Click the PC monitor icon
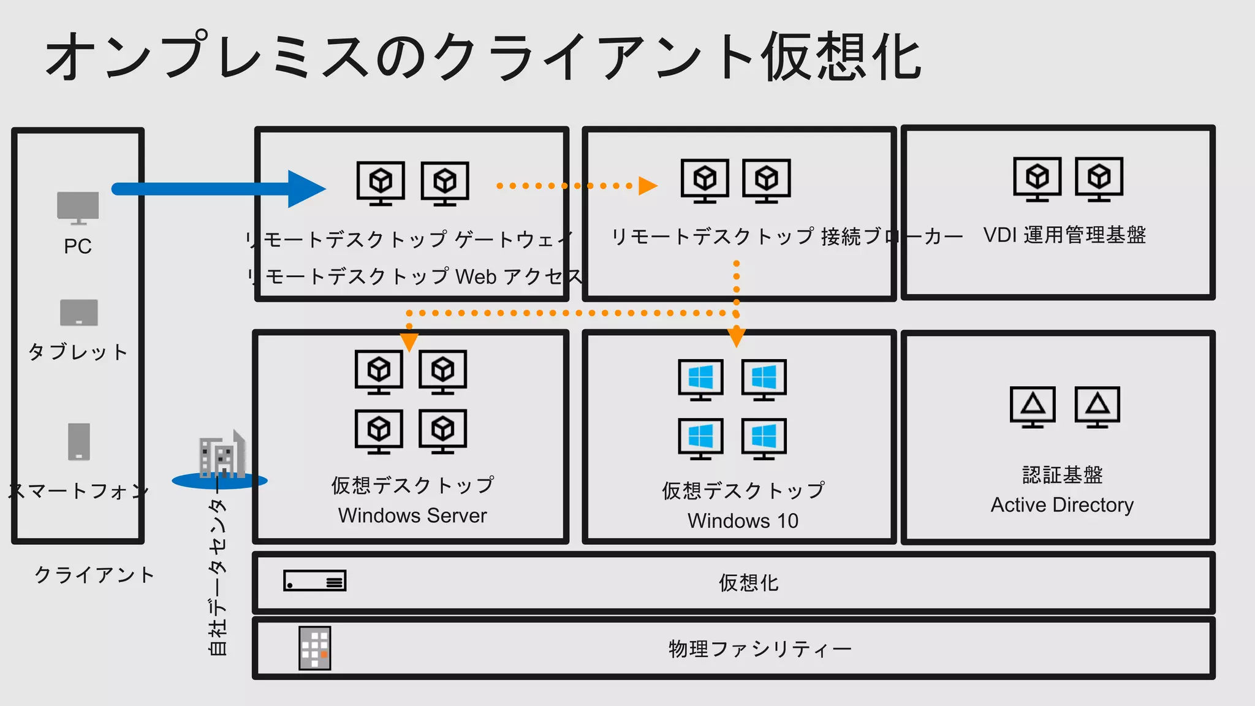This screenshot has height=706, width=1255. [78, 207]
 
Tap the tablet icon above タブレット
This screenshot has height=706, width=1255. [78, 313]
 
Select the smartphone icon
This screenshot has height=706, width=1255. [78, 441]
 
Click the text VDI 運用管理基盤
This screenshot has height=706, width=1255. [1064, 235]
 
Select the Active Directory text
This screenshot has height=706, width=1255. [1062, 505]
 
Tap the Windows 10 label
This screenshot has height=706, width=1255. [743, 521]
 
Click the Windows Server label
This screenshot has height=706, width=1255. [412, 516]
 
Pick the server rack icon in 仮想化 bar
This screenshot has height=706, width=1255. [314, 581]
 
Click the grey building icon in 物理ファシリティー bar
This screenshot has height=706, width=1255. [314, 648]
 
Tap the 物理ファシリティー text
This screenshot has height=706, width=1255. [760, 649]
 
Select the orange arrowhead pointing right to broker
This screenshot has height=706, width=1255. [647, 186]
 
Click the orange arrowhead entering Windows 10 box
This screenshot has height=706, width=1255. [736, 337]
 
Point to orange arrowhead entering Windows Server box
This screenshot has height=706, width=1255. [409, 341]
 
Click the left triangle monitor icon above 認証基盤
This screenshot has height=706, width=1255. [1033, 406]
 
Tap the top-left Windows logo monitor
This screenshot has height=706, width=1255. [700, 379]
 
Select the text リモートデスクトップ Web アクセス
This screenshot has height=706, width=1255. [417, 277]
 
